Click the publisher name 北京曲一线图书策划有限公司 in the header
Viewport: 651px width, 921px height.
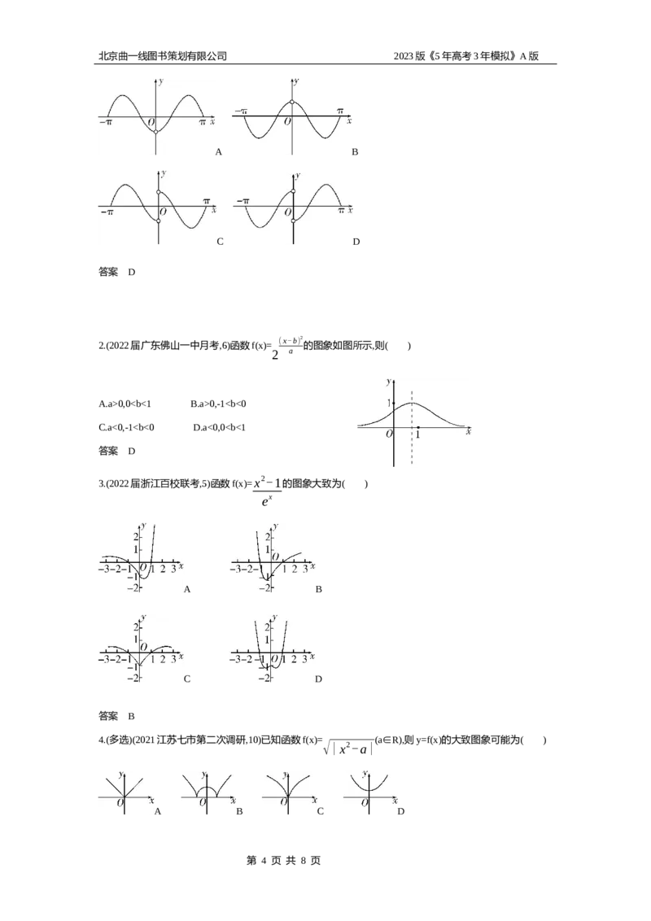pyautogui.click(x=163, y=56)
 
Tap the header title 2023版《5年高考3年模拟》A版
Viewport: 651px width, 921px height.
pyautogui.click(x=466, y=56)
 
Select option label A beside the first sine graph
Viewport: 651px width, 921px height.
pyautogui.click(x=219, y=152)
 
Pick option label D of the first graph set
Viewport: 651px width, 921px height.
pyautogui.click(x=356, y=242)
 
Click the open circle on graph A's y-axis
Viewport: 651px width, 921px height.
pyautogui.click(x=155, y=132)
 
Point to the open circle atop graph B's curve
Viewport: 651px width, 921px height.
pyautogui.click(x=292, y=103)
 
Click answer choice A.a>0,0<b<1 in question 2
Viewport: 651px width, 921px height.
pyautogui.click(x=125, y=404)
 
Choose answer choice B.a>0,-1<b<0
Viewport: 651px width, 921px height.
pyautogui.click(x=218, y=404)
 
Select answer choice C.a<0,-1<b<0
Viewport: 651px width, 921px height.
pyautogui.click(x=126, y=428)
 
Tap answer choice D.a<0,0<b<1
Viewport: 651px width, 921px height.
pyautogui.click(x=219, y=428)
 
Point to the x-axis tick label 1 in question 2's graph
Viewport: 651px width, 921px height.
pyautogui.click(x=417, y=435)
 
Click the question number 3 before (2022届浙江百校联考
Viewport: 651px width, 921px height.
pyautogui.click(x=100, y=484)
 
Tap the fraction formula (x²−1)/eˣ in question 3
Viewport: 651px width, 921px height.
pyautogui.click(x=268, y=492)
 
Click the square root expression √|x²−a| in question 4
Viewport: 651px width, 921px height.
pyautogui.click(x=348, y=747)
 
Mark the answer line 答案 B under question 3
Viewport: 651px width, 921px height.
pyautogui.click(x=116, y=716)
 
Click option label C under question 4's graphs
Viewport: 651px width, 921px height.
pyautogui.click(x=321, y=811)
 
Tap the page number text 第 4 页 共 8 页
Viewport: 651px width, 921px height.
pyautogui.click(x=284, y=861)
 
